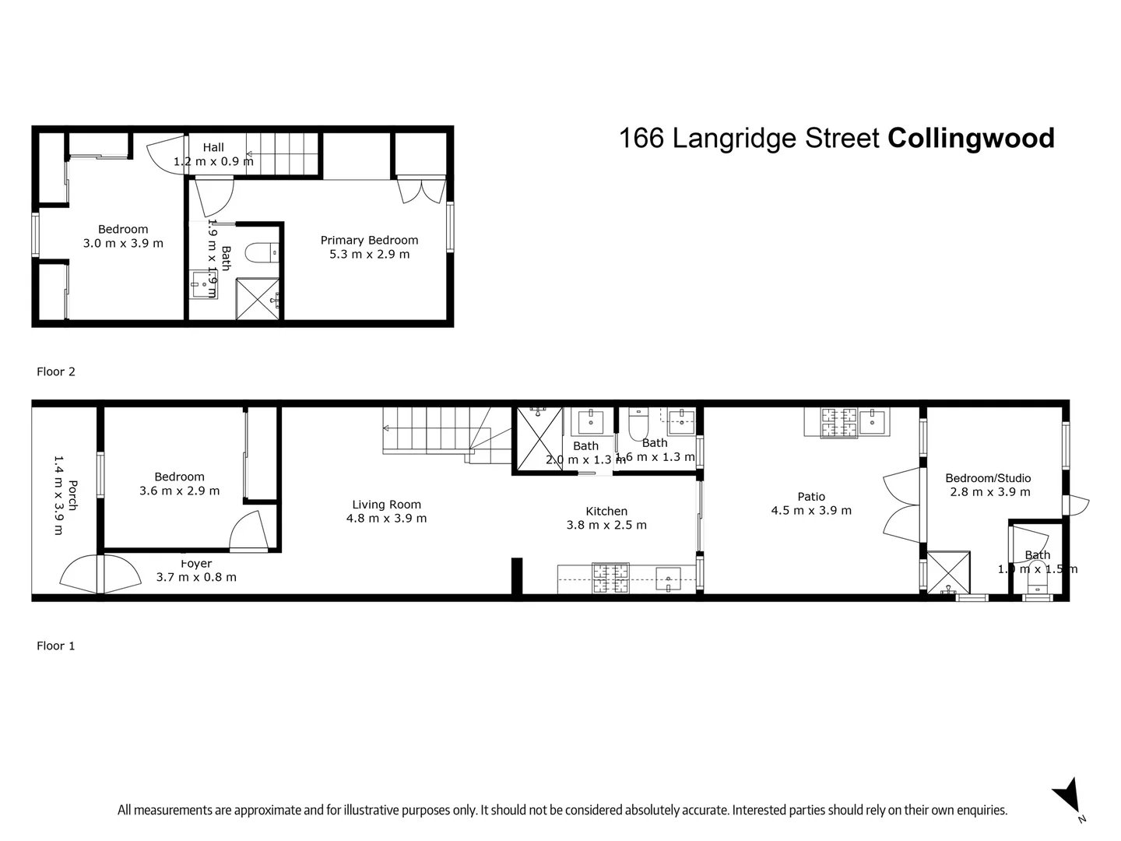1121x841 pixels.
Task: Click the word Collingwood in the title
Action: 971,139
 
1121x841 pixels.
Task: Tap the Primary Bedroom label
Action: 369,241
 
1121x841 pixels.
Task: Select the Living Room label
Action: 386,505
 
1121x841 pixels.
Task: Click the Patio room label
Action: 811,497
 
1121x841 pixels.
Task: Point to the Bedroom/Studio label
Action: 988,478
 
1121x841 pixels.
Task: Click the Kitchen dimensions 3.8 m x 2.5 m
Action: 606,525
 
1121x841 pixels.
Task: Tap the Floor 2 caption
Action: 56,371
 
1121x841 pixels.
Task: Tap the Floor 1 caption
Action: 56,646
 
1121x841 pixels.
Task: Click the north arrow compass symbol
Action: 1067,795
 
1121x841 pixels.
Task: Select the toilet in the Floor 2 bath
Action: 258,253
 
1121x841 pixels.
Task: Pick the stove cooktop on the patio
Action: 838,422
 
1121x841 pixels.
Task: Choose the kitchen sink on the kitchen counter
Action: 668,579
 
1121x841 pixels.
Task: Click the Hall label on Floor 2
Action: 213,147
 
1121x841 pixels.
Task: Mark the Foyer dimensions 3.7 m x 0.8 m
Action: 196,577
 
